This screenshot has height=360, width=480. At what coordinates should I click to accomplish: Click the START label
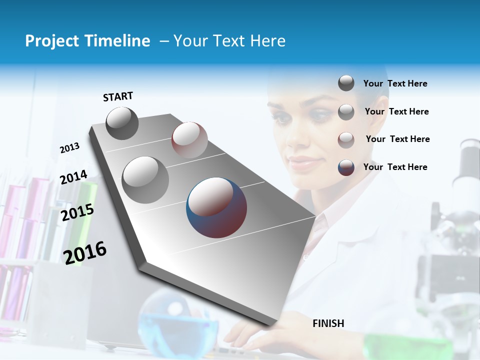pyautogui.click(x=118, y=96)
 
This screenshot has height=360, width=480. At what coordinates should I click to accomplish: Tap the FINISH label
pyautogui.click(x=328, y=323)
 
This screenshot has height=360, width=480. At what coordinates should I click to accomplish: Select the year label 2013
pyautogui.click(x=69, y=148)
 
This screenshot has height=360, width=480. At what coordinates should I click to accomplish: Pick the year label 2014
pyautogui.click(x=73, y=177)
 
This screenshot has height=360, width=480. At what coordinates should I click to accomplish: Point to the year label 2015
pyautogui.click(x=77, y=212)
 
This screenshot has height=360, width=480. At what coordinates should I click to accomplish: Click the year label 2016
pyautogui.click(x=85, y=252)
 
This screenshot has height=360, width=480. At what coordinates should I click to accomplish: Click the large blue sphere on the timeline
pyautogui.click(x=216, y=207)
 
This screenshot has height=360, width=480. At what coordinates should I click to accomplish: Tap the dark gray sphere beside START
pyautogui.click(x=122, y=123)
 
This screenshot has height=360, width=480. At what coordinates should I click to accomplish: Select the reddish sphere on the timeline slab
pyautogui.click(x=189, y=139)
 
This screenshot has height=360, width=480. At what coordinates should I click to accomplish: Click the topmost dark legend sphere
pyautogui.click(x=346, y=83)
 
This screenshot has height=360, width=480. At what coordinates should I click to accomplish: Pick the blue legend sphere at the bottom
pyautogui.click(x=346, y=167)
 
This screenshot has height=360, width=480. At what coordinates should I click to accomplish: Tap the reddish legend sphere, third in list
pyautogui.click(x=346, y=140)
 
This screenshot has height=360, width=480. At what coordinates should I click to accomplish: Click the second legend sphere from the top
pyautogui.click(x=346, y=112)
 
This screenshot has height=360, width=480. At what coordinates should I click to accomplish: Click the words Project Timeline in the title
pyautogui.click(x=87, y=41)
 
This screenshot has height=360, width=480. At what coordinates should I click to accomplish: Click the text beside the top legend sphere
pyautogui.click(x=395, y=83)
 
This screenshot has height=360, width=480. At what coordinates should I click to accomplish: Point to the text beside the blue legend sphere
pyautogui.click(x=395, y=167)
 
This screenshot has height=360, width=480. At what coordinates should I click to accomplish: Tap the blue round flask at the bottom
pyautogui.click(x=177, y=320)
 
